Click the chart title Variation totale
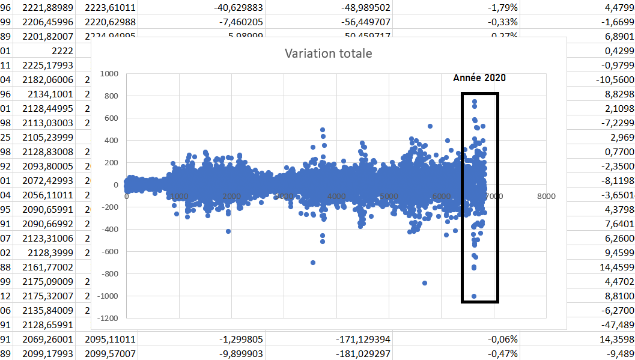click(328, 53)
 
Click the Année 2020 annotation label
click(479, 78)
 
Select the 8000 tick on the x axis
click(546, 196)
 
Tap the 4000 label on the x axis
click(336, 196)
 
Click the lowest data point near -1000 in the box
click(474, 296)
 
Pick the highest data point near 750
click(475, 102)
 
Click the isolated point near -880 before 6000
click(425, 283)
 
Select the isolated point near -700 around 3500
click(313, 263)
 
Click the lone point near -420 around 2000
click(228, 231)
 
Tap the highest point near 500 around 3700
click(323, 130)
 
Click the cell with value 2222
click(62, 52)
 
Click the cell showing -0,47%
click(504, 353)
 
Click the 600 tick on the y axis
click(111, 118)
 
